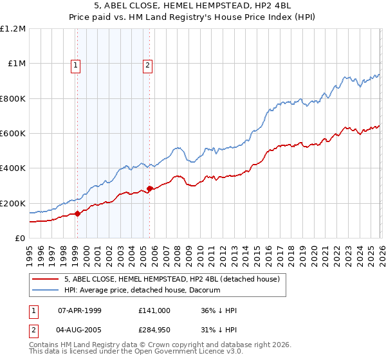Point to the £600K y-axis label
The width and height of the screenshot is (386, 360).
tap(13, 134)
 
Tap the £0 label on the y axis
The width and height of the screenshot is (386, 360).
tap(21, 239)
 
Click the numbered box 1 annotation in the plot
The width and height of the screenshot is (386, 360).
tap(76, 64)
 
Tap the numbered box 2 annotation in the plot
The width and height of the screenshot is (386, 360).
tap(147, 64)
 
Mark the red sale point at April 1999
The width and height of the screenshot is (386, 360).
tap(78, 213)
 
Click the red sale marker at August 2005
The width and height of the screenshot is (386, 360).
tap(149, 188)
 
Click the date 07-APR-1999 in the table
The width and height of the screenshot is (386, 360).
tap(80, 310)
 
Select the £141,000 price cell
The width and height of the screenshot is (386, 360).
tap(154, 310)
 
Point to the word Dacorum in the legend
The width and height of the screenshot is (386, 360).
tap(205, 291)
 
